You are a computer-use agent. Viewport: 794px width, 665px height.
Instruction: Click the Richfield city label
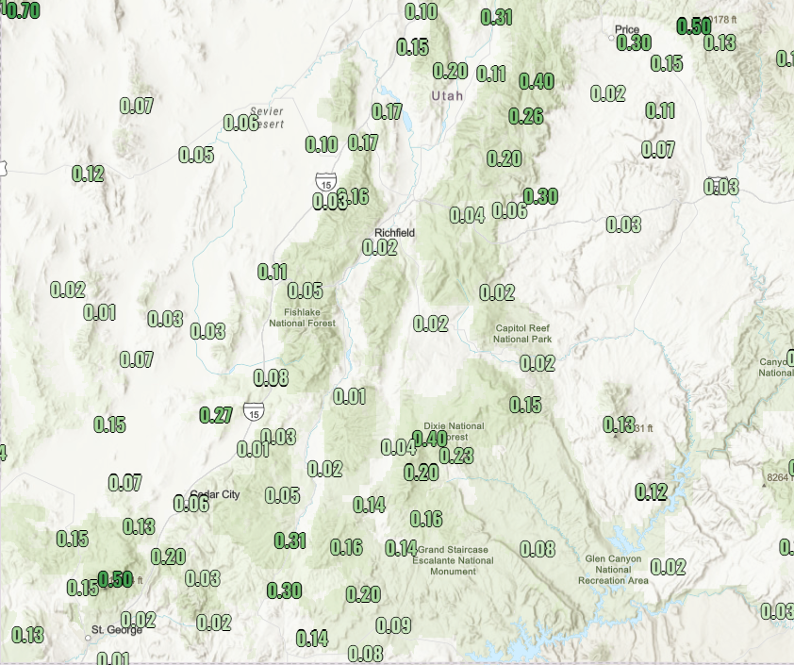[394, 232]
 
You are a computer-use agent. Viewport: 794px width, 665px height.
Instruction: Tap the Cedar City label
[215, 495]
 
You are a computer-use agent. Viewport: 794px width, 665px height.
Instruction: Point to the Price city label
[627, 29]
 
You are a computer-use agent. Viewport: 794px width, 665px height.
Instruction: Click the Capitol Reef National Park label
[523, 334]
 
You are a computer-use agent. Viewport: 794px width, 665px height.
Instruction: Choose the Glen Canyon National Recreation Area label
[613, 569]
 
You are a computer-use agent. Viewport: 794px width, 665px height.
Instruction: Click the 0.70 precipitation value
[21, 10]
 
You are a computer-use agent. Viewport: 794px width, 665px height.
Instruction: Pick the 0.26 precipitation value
[526, 116]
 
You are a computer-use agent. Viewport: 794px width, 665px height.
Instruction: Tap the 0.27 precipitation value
[217, 415]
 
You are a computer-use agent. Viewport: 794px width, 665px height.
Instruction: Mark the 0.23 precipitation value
[456, 457]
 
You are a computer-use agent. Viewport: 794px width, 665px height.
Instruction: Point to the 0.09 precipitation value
[393, 625]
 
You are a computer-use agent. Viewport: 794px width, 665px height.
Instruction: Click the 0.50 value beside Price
[694, 26]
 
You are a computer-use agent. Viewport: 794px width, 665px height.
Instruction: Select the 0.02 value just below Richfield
[380, 248]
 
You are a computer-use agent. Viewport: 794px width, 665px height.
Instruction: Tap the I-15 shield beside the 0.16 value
[325, 182]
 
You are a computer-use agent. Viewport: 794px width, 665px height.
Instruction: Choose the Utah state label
[447, 96]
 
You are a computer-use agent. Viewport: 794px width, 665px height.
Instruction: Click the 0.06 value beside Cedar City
[191, 504]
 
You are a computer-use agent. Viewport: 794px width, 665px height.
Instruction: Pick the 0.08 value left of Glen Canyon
[538, 549]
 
